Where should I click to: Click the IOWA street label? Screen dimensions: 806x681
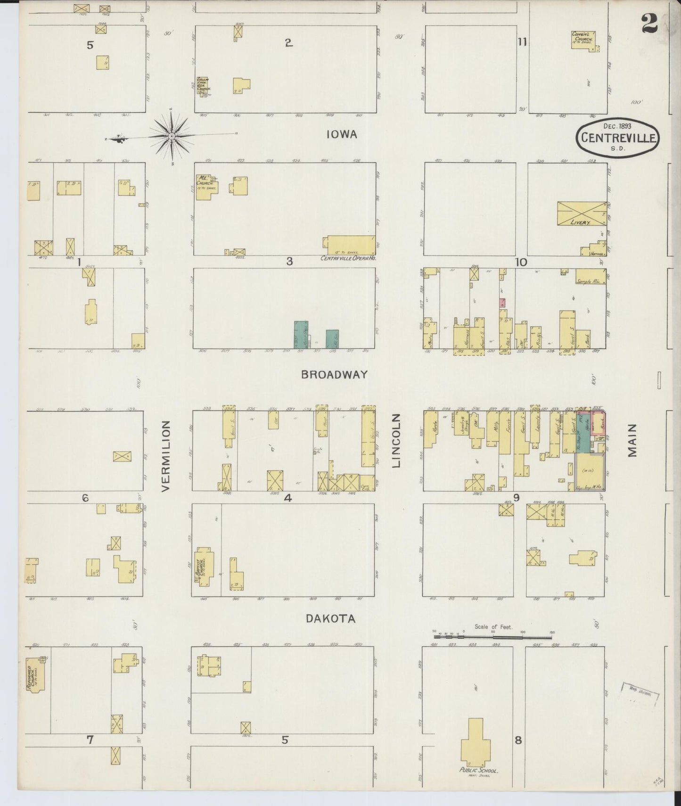(342, 135)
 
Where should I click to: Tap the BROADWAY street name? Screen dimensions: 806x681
(334, 374)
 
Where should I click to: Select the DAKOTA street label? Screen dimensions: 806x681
(330, 619)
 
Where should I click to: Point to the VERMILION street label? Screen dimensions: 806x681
(166, 456)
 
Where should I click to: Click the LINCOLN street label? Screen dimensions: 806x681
(396, 441)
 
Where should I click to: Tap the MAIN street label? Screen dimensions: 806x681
(632, 440)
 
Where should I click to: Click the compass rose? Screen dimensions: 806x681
(172, 136)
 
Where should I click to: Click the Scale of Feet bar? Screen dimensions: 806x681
(492, 637)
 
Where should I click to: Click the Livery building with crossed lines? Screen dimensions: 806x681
(582, 214)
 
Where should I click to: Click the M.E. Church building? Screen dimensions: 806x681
(205, 187)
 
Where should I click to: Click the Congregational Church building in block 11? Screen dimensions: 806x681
(583, 40)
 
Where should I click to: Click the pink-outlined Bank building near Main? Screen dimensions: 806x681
(597, 422)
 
